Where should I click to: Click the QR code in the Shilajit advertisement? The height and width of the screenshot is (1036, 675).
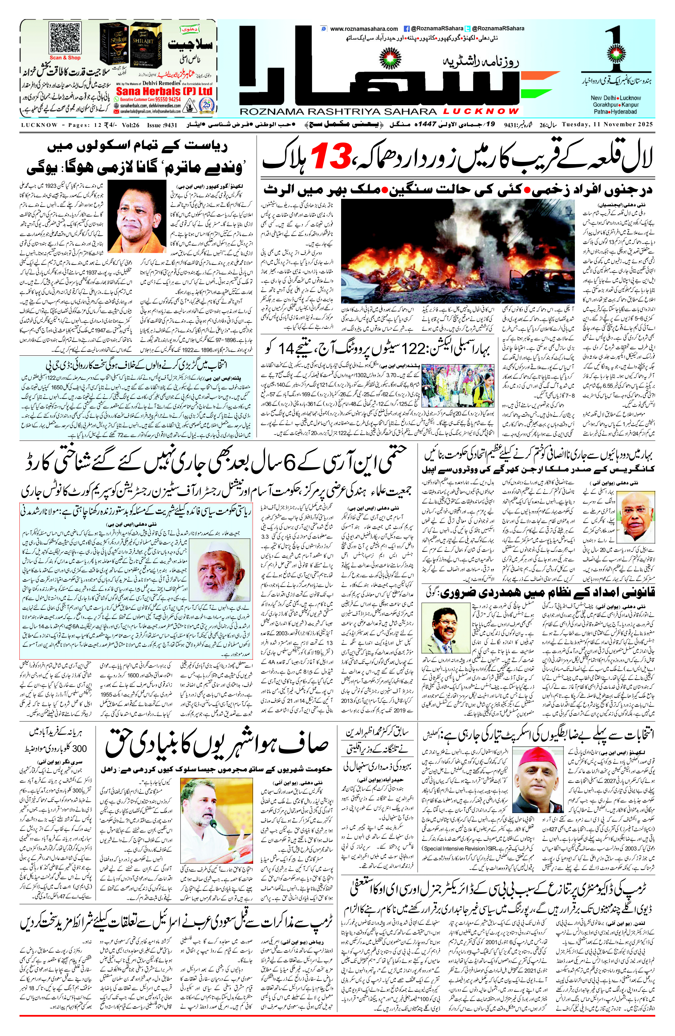[65, 38]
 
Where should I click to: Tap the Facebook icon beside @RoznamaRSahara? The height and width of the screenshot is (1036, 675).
[406, 29]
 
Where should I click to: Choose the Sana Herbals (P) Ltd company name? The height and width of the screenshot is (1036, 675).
[164, 91]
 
